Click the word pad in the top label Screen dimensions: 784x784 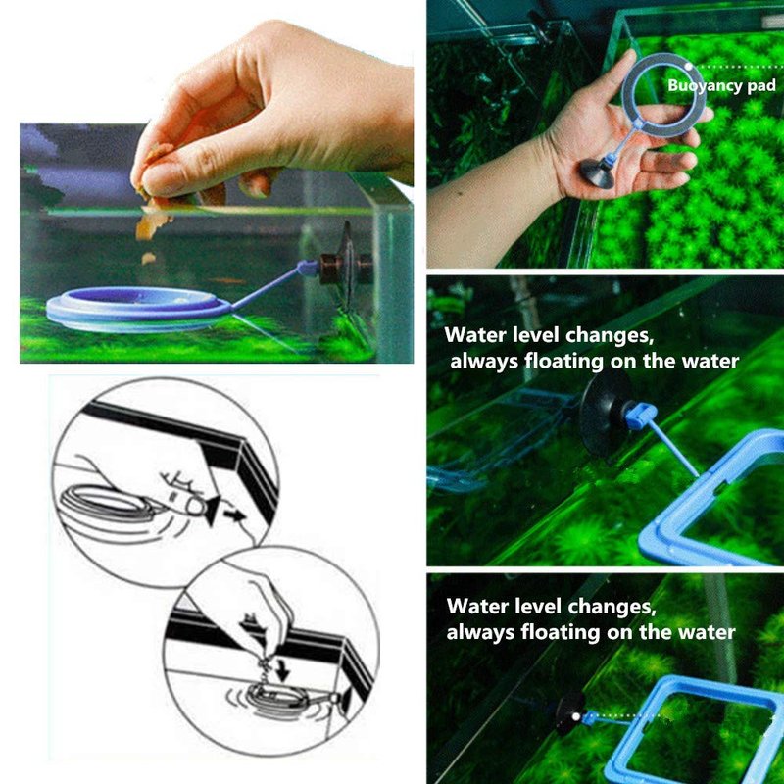[x=761, y=86]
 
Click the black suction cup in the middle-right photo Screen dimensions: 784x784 [x=603, y=414]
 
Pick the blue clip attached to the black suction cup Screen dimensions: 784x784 [x=640, y=416]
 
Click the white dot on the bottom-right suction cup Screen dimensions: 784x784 [x=576, y=716]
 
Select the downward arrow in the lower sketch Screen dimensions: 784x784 [x=283, y=671]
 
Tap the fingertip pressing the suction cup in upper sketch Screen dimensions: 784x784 [x=196, y=507]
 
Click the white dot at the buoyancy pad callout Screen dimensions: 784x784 [x=689, y=66]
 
